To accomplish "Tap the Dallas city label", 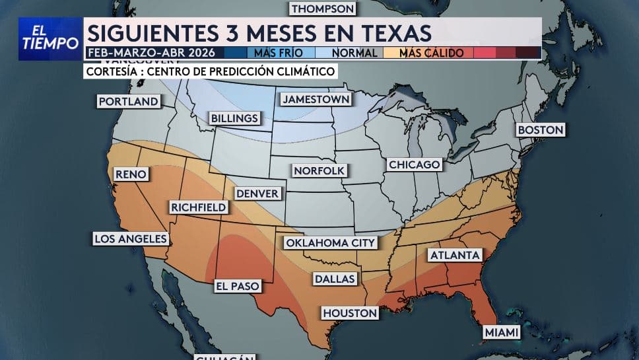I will pos(335,279).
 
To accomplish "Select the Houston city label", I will pos(350,312).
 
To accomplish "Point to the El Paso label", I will pos(237,286).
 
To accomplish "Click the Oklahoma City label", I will pos(330,242).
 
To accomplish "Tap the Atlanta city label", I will pos(455,255).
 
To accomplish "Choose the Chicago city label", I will pos(414,164).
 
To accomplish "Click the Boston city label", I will pos(541,130).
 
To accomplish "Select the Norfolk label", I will pos(319,170).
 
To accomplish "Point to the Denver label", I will pos(257,194).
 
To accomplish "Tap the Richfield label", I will pos(198,207).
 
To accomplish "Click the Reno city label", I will pos(131,174).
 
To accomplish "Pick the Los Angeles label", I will pos(130,238).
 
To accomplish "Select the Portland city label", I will pos(128,101).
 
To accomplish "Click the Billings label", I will pos(234,118).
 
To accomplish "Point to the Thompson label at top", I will pos(323,9).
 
